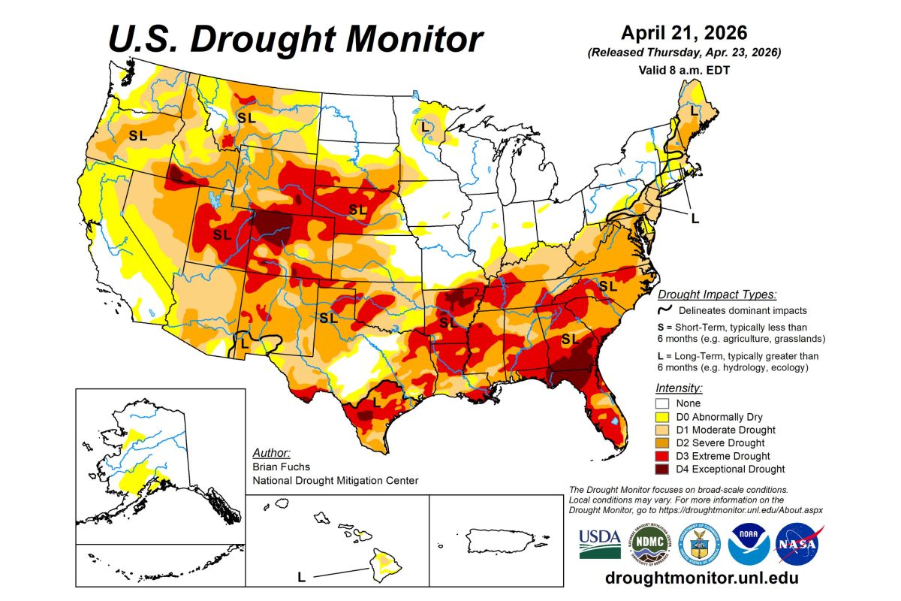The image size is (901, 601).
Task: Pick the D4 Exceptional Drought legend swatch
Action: click(663, 470)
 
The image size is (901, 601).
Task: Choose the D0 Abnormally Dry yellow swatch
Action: click(663, 417)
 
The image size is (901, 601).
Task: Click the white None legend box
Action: click(663, 403)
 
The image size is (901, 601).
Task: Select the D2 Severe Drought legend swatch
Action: click(663, 443)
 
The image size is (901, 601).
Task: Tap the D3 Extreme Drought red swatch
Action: click(663, 456)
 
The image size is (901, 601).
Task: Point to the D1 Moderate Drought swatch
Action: click(663, 430)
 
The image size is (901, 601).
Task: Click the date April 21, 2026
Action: click(684, 34)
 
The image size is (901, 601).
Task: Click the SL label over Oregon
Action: click(137, 136)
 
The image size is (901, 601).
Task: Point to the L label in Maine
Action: click(692, 110)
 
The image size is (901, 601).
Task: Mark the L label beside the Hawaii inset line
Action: click(301, 577)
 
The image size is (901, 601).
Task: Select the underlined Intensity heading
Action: click(679, 388)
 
